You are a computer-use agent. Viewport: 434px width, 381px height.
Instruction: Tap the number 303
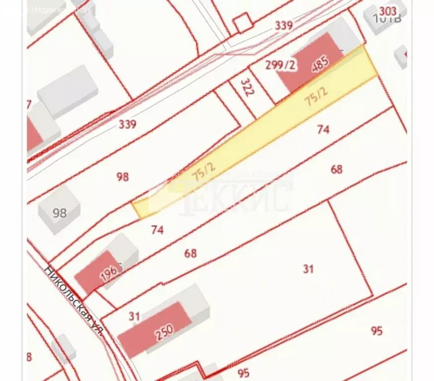(x=388, y=11)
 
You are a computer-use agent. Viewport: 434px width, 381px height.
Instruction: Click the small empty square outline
(x=243, y=23)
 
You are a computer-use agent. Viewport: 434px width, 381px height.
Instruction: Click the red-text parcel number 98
(x=123, y=176)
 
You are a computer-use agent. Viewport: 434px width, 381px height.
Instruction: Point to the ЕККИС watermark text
(x=236, y=196)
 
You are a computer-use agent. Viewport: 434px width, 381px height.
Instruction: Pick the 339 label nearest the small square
(x=284, y=25)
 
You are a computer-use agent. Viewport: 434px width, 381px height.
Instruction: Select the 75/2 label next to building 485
(x=316, y=96)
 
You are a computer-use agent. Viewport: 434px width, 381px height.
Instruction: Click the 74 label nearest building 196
(x=157, y=229)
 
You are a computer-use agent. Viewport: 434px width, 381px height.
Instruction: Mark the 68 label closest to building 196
(x=190, y=253)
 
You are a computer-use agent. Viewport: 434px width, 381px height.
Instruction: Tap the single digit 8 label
(x=29, y=356)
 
